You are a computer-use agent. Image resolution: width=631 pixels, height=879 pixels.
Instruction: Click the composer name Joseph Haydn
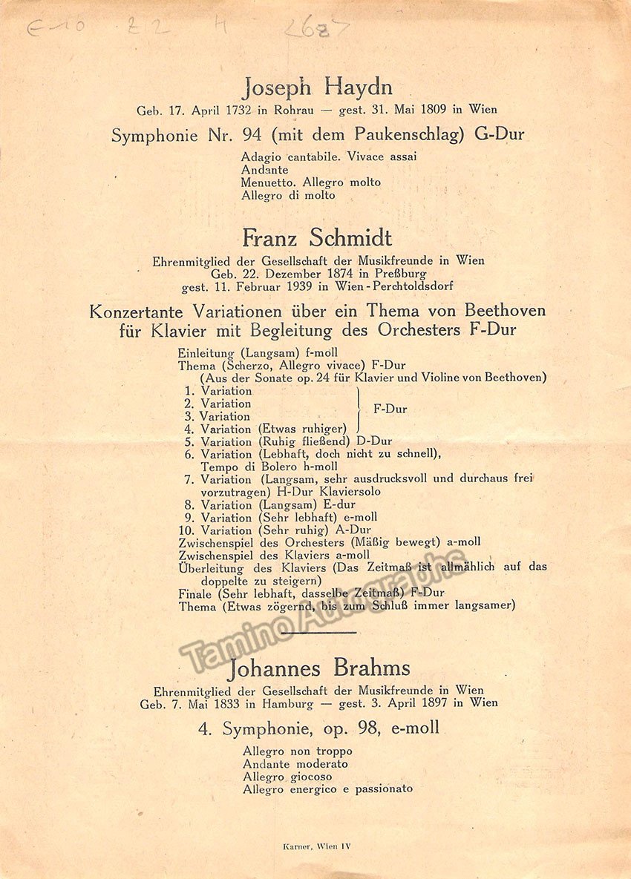tap(317, 88)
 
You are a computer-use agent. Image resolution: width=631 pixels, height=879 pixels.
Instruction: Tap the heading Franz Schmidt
tap(317, 239)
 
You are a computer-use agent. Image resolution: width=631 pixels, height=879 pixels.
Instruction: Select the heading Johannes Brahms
tap(319, 668)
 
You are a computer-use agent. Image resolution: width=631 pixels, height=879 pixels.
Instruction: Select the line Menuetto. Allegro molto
tap(310, 182)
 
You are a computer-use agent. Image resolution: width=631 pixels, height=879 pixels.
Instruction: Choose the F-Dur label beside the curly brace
tap(390, 409)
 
